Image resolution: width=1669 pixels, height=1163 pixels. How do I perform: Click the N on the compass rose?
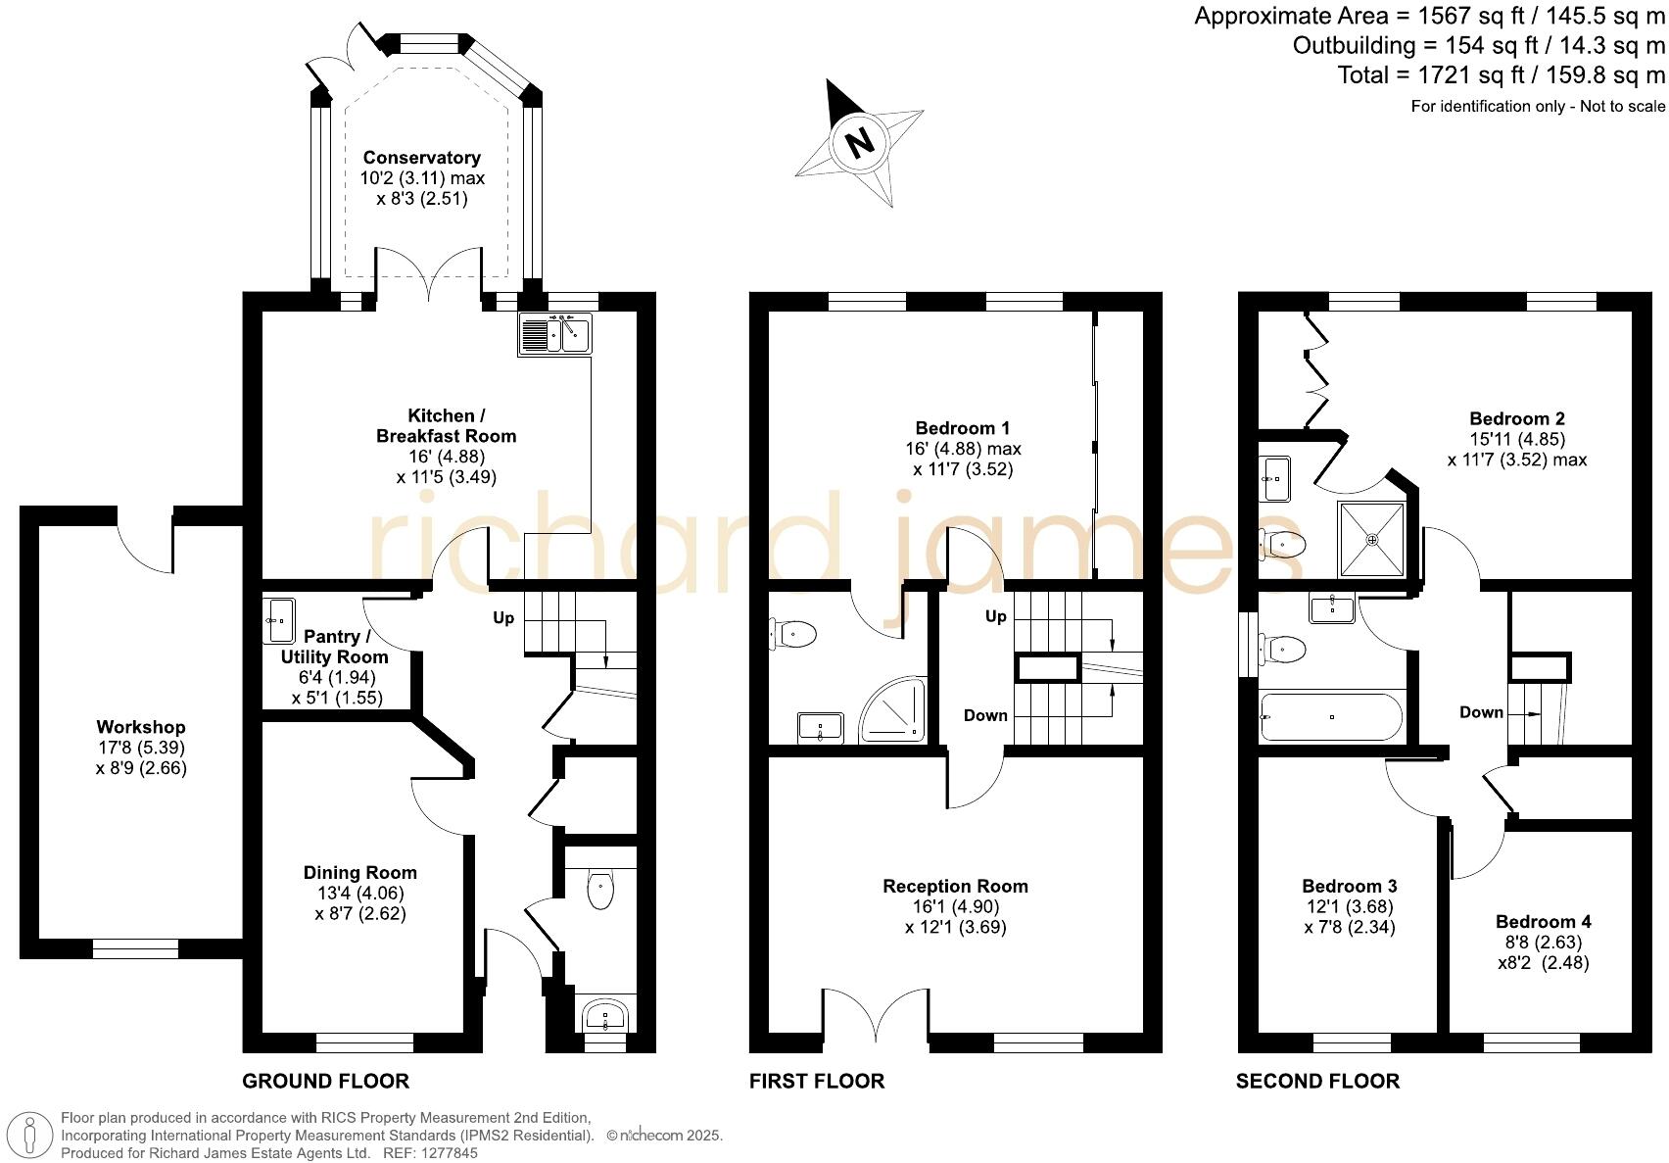pos(860,141)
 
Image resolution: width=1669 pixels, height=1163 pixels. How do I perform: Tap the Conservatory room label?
pos(422,158)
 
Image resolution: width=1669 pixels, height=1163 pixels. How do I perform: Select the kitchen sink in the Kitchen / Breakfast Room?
pos(555,333)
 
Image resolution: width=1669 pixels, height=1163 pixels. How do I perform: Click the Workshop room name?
pos(141,727)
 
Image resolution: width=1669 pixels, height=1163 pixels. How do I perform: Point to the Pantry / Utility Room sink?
pos(279,620)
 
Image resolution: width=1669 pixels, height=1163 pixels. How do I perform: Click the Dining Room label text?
pos(359,872)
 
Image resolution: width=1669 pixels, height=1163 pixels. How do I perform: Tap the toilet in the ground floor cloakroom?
pos(600,890)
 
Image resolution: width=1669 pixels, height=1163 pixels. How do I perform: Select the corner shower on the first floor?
pos(892,709)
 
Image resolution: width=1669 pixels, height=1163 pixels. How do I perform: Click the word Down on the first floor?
pos(985,715)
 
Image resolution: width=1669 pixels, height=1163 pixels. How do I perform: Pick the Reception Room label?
pos(955,886)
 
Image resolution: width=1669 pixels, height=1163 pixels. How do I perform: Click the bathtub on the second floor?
pos(1331,717)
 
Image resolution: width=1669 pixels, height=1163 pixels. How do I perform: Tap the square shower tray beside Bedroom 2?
pos(1371,540)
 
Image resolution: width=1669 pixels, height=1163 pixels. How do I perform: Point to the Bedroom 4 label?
pos(1543,921)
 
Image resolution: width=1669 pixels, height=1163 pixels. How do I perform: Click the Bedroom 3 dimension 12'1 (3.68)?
pos(1350,906)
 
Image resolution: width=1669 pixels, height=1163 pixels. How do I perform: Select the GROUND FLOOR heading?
pos(325,1081)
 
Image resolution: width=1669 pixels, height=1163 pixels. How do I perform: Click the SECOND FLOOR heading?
pos(1317,1081)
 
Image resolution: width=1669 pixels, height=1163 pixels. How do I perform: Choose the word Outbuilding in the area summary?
pos(1354,45)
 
